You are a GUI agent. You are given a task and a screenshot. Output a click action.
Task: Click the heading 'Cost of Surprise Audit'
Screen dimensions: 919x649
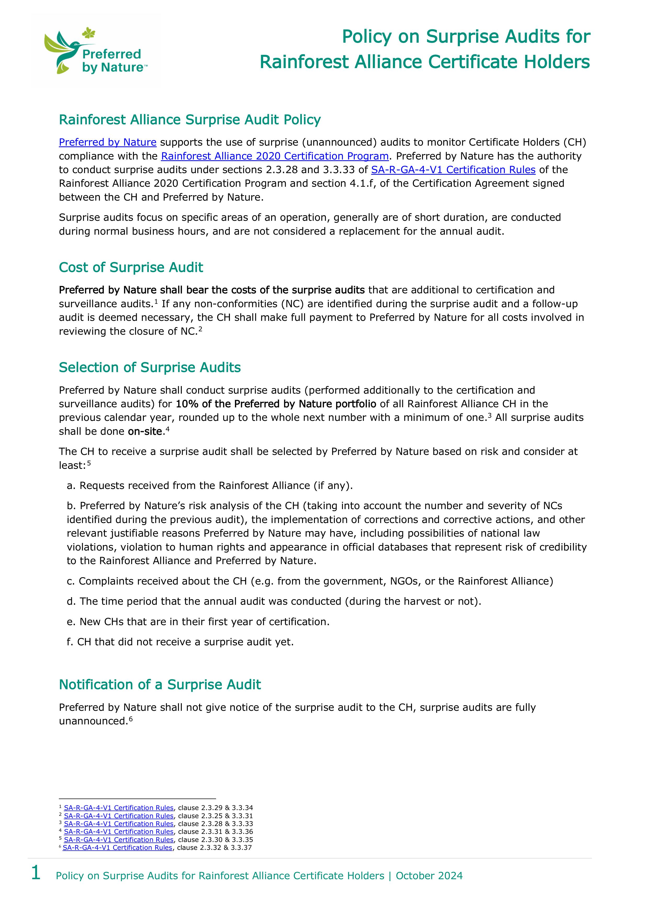click(x=131, y=267)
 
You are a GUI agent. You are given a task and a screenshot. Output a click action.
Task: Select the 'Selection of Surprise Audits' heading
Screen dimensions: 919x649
click(x=150, y=367)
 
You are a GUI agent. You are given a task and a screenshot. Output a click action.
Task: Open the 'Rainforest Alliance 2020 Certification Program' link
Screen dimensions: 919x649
click(x=275, y=156)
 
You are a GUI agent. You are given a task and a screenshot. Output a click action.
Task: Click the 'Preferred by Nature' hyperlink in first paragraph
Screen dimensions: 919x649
click(x=108, y=142)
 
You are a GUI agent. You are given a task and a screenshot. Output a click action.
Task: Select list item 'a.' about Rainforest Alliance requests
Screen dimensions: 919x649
click(x=210, y=486)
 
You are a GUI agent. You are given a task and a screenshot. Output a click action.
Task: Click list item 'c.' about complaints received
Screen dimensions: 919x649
click(x=310, y=581)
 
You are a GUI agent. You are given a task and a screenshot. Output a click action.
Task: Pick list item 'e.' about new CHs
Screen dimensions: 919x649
click(x=198, y=621)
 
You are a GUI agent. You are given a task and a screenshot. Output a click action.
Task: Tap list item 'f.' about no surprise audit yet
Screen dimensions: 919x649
click(x=180, y=642)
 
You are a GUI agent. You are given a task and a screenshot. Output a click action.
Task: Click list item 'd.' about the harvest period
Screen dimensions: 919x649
click(x=274, y=601)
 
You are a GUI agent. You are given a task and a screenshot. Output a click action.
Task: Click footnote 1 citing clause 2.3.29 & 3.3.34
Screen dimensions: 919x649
click(x=156, y=808)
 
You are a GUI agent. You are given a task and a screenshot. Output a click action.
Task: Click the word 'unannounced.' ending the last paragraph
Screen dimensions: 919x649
click(x=93, y=721)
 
